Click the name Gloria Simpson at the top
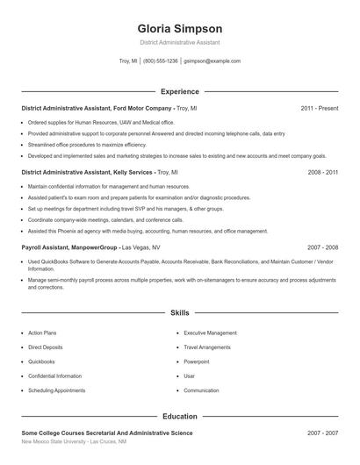click(179, 28)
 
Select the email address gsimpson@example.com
click(212, 61)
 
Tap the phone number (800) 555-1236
click(161, 61)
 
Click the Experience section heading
click(179, 91)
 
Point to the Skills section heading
click(179, 312)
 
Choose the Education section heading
click(179, 416)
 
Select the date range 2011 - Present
click(319, 108)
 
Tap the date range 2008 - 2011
click(322, 173)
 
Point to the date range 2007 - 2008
click(322, 247)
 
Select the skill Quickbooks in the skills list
click(41, 361)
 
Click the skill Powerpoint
click(196, 361)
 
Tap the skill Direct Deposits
click(46, 347)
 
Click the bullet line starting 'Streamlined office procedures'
click(87, 144)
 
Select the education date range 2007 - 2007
click(322, 433)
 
